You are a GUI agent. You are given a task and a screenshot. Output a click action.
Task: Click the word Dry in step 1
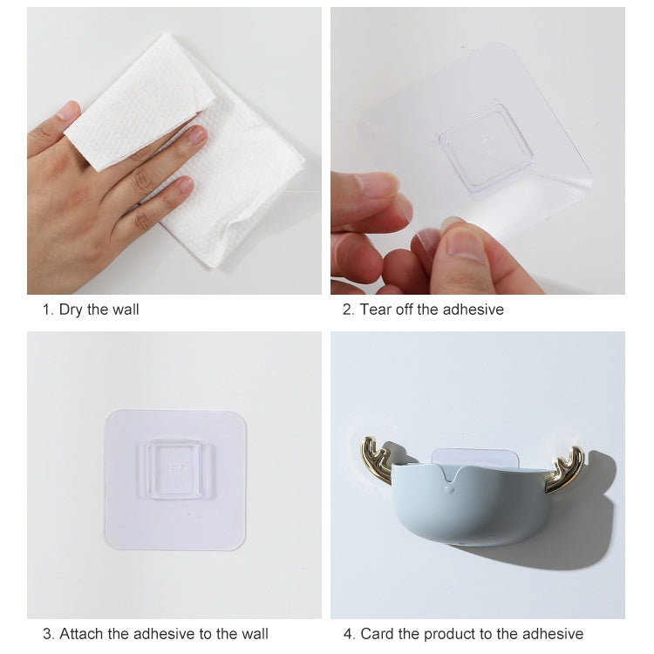(x=71, y=310)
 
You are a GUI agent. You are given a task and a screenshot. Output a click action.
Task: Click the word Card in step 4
(x=377, y=634)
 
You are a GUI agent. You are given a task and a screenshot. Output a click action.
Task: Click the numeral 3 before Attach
(x=47, y=634)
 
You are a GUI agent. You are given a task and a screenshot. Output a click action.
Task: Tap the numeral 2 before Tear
(x=347, y=310)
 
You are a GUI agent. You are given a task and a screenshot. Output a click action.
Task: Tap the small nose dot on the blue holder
(x=450, y=488)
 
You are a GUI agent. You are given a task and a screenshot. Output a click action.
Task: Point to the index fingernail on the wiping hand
(x=196, y=134)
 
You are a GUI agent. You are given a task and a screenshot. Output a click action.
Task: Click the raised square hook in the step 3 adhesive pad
(x=175, y=469)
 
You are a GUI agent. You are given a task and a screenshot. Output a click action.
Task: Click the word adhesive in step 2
(x=473, y=310)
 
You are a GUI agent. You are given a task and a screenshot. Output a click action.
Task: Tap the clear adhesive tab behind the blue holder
(x=473, y=456)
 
